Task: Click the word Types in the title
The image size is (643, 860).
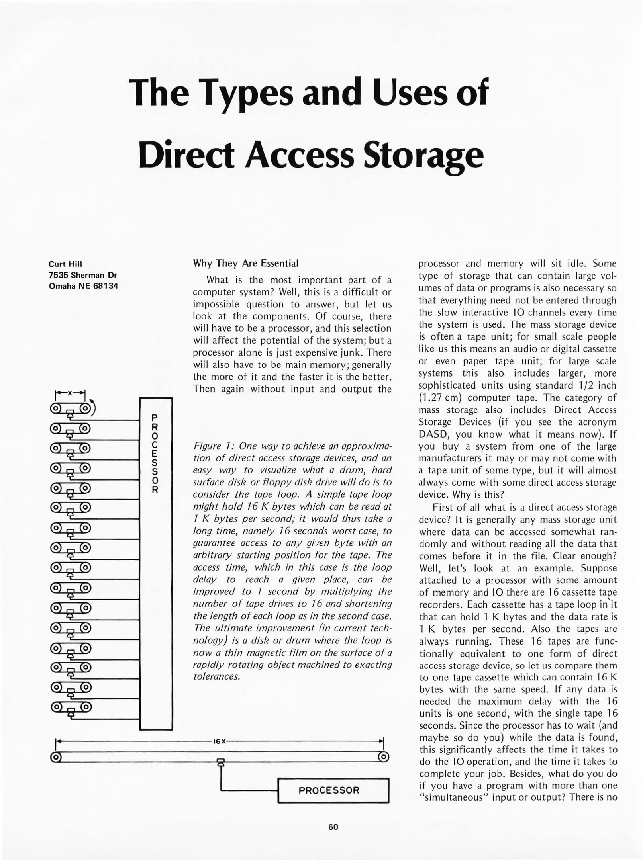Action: (246, 93)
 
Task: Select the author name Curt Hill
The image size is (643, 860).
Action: (65, 264)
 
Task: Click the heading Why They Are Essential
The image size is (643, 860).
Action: (245, 263)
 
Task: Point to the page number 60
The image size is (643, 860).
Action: (333, 827)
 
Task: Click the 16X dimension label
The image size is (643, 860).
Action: (220, 741)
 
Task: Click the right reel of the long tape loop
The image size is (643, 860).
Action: (383, 757)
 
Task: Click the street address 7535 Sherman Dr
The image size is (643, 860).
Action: (82, 275)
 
